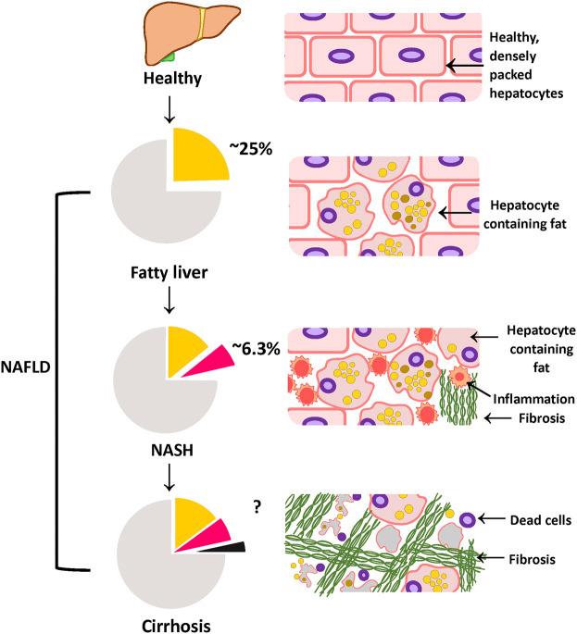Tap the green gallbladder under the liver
click(168, 57)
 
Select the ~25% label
click(251, 149)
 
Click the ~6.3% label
click(257, 348)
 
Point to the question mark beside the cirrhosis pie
click(257, 506)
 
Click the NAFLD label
click(26, 367)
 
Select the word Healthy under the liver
click(172, 78)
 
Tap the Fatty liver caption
click(169, 272)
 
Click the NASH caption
click(172, 450)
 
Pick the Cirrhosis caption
click(176, 626)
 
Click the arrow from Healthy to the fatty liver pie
click(169, 109)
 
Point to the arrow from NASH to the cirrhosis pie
click(169, 477)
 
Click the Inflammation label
click(533, 399)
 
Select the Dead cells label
click(541, 520)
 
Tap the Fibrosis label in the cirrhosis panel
click(533, 559)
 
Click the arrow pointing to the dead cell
click(492, 518)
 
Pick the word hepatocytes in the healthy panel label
click(526, 93)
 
